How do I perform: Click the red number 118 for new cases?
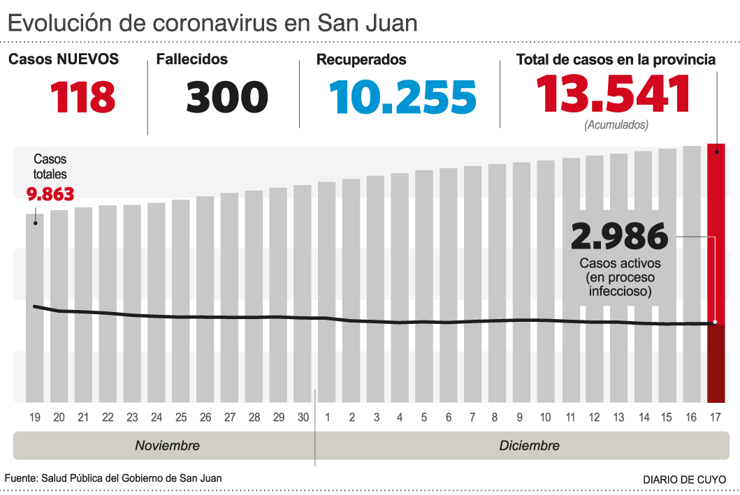82,97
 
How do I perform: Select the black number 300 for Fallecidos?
227,97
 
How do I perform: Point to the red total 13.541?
613,94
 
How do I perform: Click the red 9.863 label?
50,193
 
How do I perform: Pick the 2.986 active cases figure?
619,237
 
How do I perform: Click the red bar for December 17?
716,272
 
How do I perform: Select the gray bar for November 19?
35,307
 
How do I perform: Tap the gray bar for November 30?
302,293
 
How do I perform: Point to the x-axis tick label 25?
181,418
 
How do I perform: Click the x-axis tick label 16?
691,418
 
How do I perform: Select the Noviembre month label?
167,445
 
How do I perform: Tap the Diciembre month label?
529,445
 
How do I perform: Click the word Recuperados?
361,60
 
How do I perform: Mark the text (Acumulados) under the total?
616,125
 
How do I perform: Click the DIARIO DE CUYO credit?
684,480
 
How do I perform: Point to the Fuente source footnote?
114,478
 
